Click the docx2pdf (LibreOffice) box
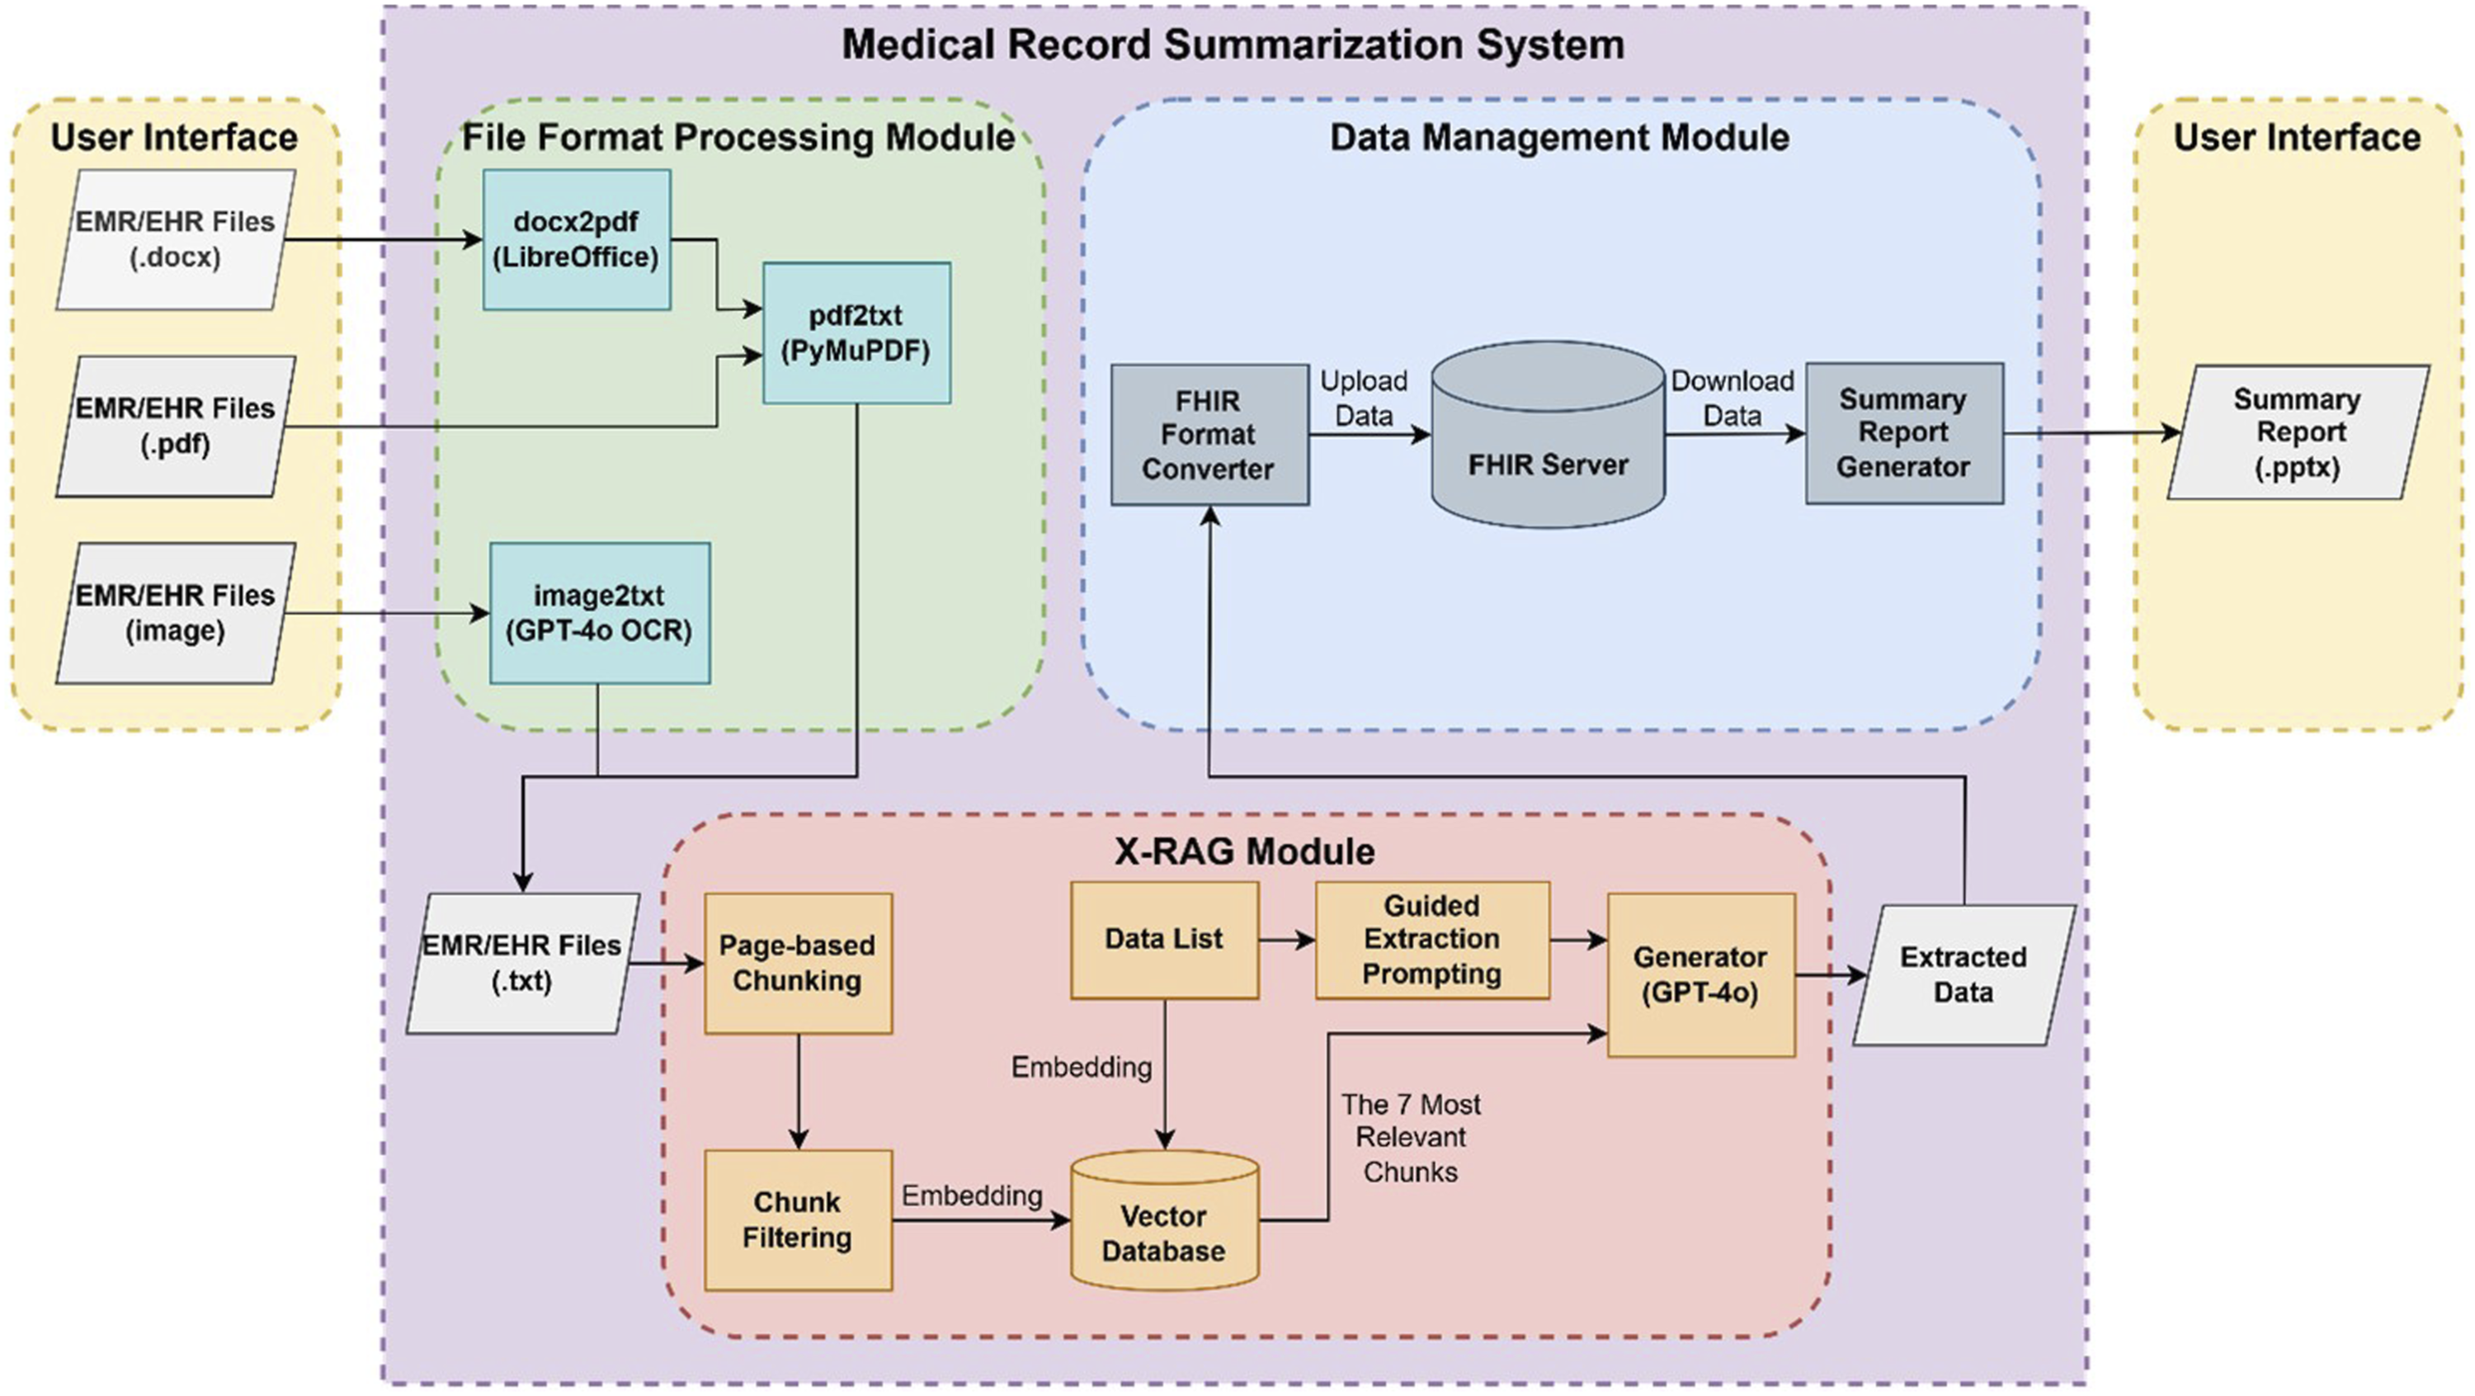pos(577,240)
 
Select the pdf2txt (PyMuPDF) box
pos(856,333)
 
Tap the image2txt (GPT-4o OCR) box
pos(600,613)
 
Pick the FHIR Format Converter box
pos(1209,434)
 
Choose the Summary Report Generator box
pos(1903,433)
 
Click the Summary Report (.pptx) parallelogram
pos(2298,432)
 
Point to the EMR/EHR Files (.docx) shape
pos(175,240)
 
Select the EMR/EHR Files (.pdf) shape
pos(175,427)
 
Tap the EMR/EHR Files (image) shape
pos(175,613)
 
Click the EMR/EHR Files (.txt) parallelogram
pos(521,964)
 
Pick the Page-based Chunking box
pos(798,964)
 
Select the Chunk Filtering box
pos(798,1219)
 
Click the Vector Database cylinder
pos(1163,1225)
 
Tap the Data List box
pos(1163,940)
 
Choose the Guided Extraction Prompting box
pos(1431,940)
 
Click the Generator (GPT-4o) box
pos(1700,974)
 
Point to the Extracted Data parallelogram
pos(1963,974)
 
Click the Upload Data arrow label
pos(1364,399)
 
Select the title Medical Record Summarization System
pos(1233,45)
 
